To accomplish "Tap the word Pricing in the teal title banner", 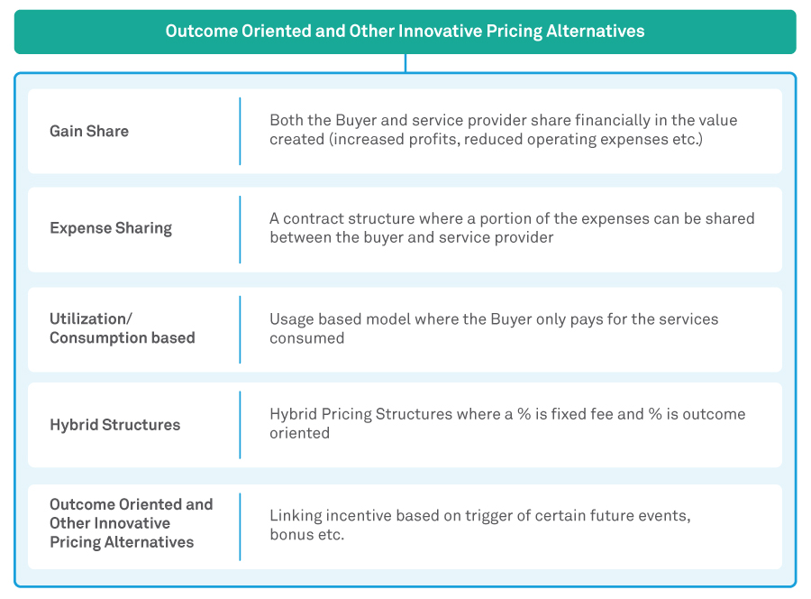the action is (x=515, y=32).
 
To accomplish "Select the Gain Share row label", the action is (x=89, y=131).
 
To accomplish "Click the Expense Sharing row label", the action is (x=111, y=228).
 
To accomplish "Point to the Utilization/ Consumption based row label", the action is (x=122, y=328).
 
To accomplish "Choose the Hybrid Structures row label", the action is (x=114, y=425).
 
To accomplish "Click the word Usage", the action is (x=292, y=319).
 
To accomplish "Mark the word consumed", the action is (x=306, y=338).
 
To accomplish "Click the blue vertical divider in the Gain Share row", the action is (x=240, y=131).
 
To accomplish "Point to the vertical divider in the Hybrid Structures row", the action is (x=240, y=425).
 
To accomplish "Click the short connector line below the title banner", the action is (x=405, y=63).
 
